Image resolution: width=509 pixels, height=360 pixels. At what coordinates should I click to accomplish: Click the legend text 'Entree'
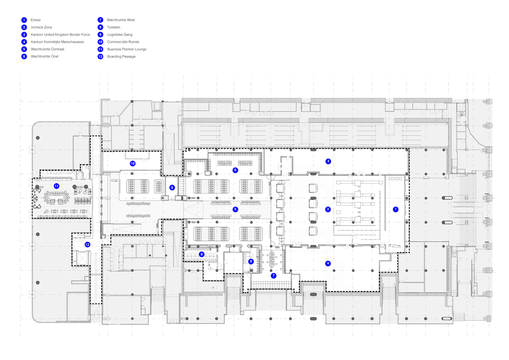tap(36, 20)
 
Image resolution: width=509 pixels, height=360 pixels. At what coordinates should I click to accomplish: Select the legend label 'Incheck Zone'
tap(41, 27)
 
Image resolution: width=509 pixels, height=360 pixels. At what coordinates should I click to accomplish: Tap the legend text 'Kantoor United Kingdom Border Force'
tap(60, 35)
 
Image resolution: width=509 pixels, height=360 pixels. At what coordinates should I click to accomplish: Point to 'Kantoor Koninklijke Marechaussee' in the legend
tap(57, 42)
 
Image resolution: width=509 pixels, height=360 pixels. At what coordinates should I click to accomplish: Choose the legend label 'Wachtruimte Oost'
tap(45, 57)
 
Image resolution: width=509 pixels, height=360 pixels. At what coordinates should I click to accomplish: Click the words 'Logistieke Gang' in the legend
tap(120, 35)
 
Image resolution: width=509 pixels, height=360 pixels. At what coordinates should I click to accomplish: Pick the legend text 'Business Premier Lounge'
tap(127, 49)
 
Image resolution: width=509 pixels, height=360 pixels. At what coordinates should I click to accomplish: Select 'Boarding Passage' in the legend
tap(121, 57)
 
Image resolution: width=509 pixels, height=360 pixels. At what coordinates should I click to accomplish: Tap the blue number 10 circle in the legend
tap(100, 42)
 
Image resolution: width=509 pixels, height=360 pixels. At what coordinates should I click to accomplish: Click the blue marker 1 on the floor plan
tap(396, 209)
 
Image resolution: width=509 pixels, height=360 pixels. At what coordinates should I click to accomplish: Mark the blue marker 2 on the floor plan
tap(328, 209)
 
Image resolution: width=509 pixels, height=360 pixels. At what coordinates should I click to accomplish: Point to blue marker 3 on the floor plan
tap(328, 161)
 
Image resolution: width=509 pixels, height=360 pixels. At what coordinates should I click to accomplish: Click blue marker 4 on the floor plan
tap(328, 264)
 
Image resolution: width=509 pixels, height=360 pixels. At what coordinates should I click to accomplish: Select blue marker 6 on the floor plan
tap(235, 170)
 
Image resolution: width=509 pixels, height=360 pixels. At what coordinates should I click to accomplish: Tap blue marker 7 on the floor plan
tap(274, 276)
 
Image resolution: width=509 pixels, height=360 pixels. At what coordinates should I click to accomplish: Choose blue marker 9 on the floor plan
tap(172, 188)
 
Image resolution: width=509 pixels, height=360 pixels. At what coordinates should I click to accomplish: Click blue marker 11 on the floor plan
tap(56, 186)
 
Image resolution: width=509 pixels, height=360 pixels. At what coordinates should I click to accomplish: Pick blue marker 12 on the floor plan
tap(87, 244)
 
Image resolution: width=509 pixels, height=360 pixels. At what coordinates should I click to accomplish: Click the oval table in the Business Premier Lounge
tap(56, 197)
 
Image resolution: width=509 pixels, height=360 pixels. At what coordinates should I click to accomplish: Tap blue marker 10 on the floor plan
tap(133, 163)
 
